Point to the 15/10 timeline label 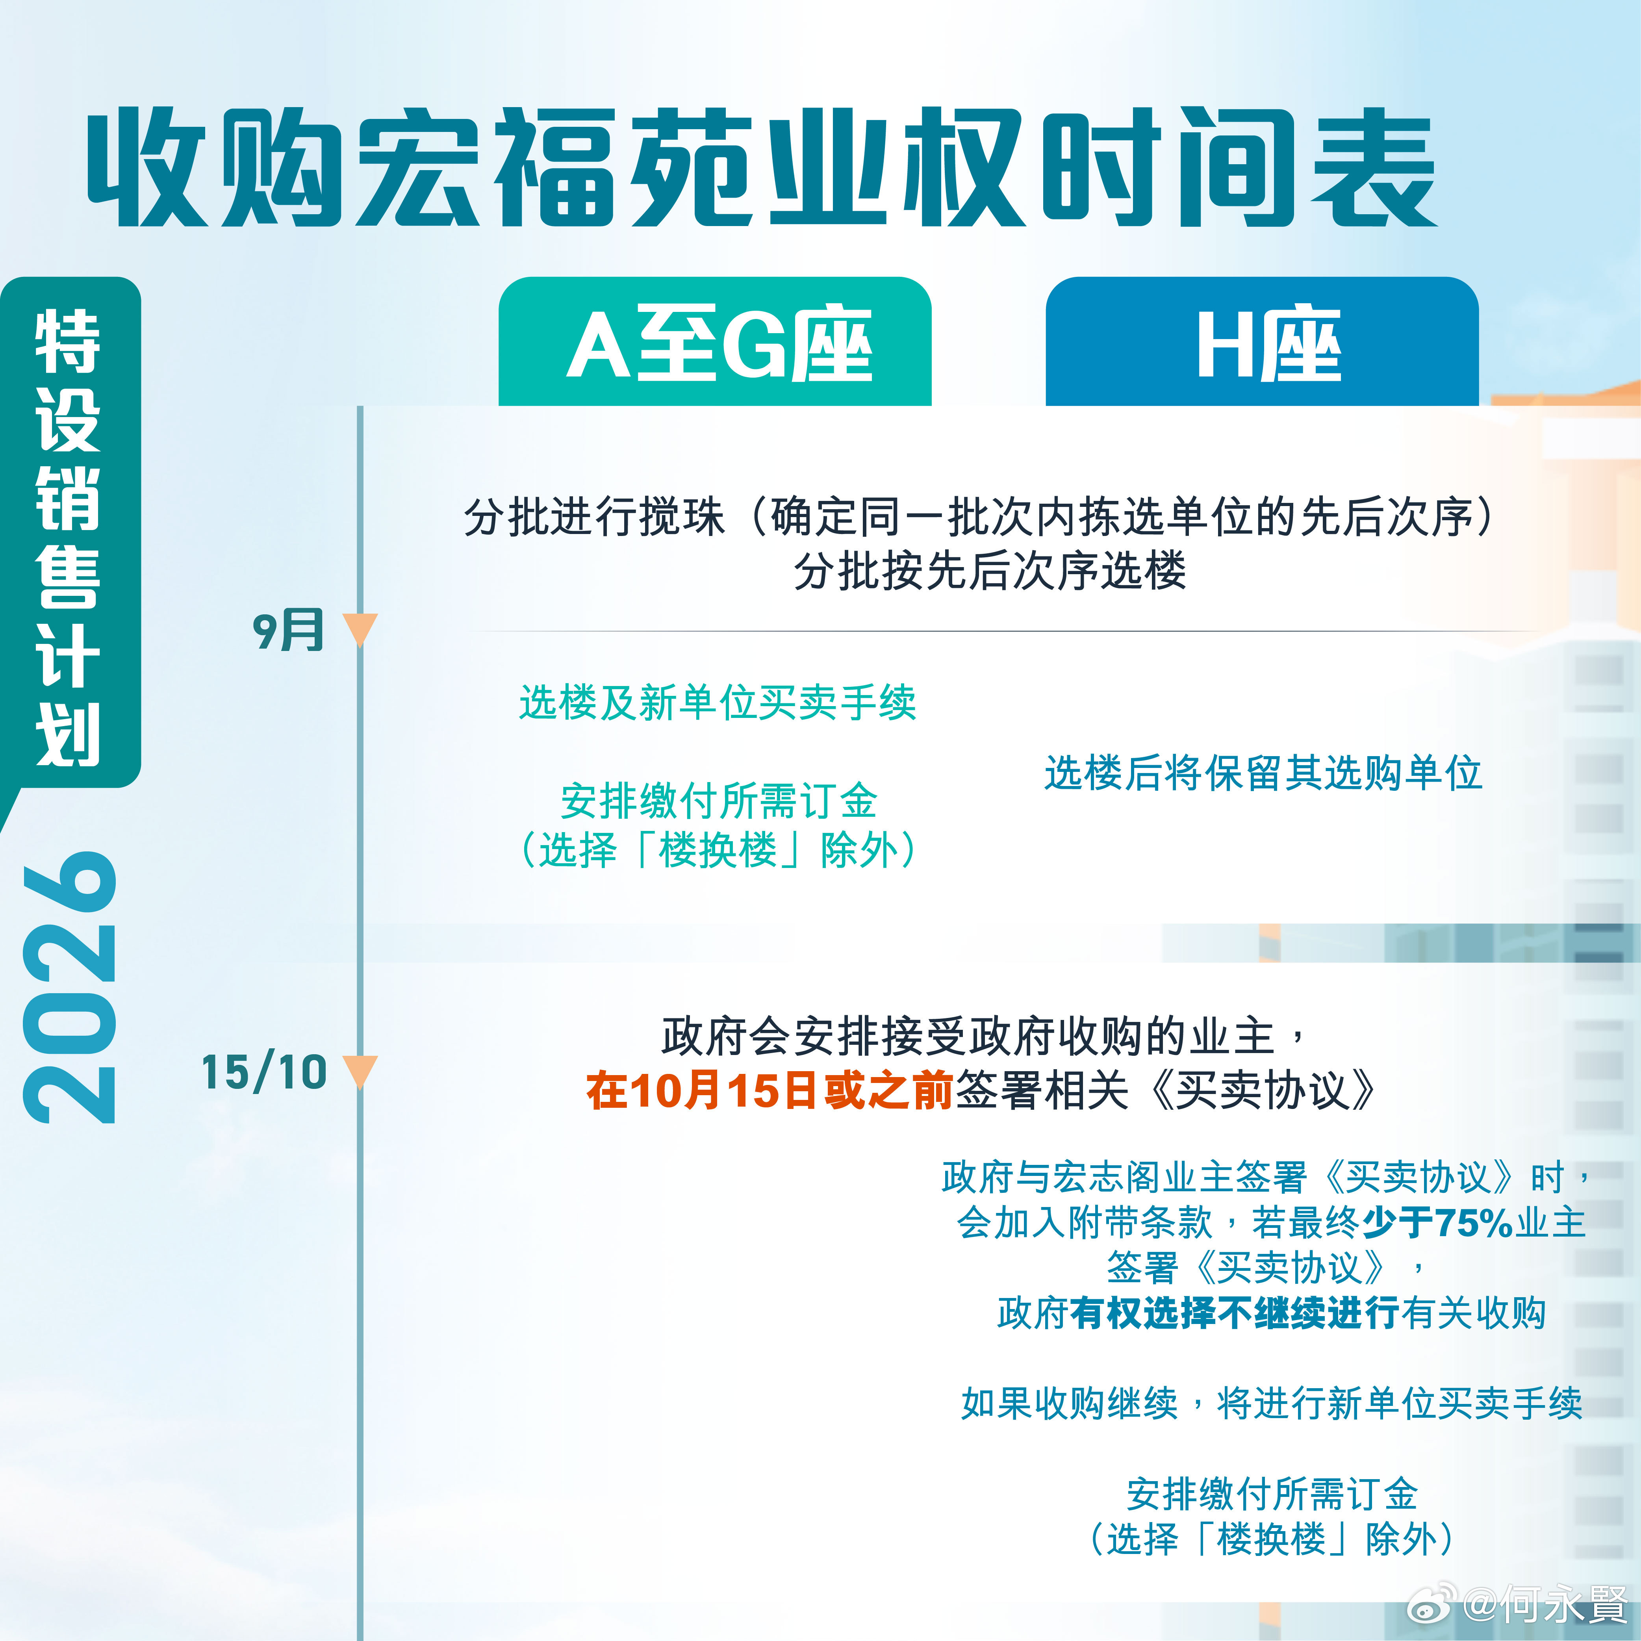tap(264, 1072)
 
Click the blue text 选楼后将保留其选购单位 tap(1263, 773)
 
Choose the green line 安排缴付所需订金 tap(719, 800)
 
